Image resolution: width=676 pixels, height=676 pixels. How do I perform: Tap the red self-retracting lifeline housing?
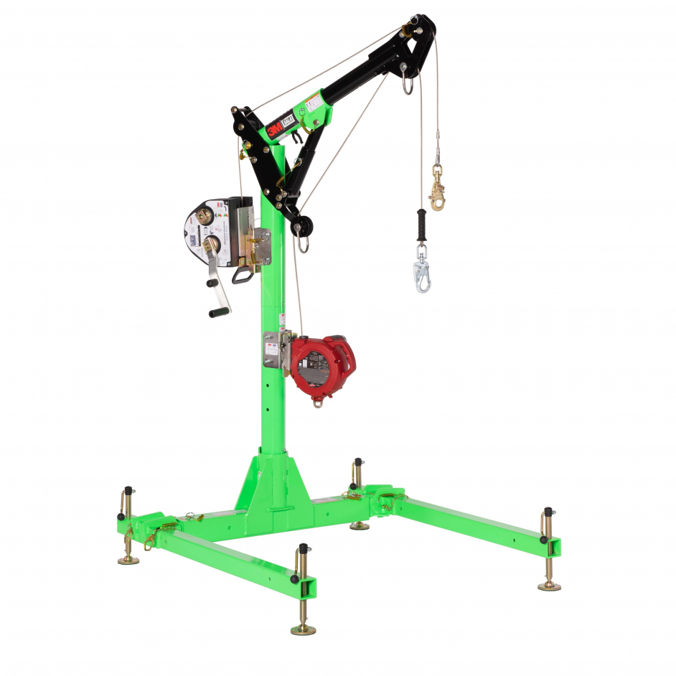tap(322, 365)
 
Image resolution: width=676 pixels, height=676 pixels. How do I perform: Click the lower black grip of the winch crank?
tap(220, 311)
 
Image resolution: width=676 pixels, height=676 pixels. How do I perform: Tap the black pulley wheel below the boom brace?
tap(301, 228)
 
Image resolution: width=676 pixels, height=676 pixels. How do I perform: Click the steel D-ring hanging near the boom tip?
tap(408, 85)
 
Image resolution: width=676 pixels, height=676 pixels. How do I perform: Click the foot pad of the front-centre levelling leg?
tap(303, 629)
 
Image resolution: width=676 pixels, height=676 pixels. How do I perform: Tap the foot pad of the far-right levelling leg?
tap(550, 586)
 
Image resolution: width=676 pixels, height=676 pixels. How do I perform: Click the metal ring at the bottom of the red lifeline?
tap(316, 403)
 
